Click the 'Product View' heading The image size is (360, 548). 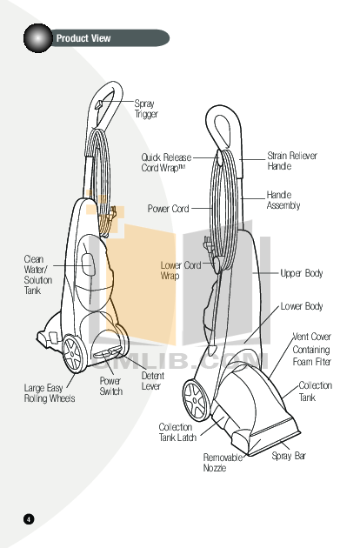(x=83, y=38)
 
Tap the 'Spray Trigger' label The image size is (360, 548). (x=145, y=109)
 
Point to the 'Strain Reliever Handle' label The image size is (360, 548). (x=292, y=160)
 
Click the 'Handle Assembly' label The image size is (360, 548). (x=283, y=200)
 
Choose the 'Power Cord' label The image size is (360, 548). (x=168, y=210)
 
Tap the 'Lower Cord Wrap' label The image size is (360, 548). (x=181, y=270)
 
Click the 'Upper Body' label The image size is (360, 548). (x=301, y=273)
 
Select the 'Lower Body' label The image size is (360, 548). (x=301, y=306)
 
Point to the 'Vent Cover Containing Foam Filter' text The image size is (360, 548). (x=311, y=349)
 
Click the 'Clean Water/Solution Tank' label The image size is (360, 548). (x=38, y=275)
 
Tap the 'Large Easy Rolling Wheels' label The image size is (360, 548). (x=49, y=393)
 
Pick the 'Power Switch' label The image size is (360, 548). (x=110, y=386)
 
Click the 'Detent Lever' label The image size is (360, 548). (x=152, y=381)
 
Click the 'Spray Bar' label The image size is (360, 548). (x=289, y=456)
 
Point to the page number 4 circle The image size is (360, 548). (x=28, y=519)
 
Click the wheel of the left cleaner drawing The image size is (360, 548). (x=73, y=352)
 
